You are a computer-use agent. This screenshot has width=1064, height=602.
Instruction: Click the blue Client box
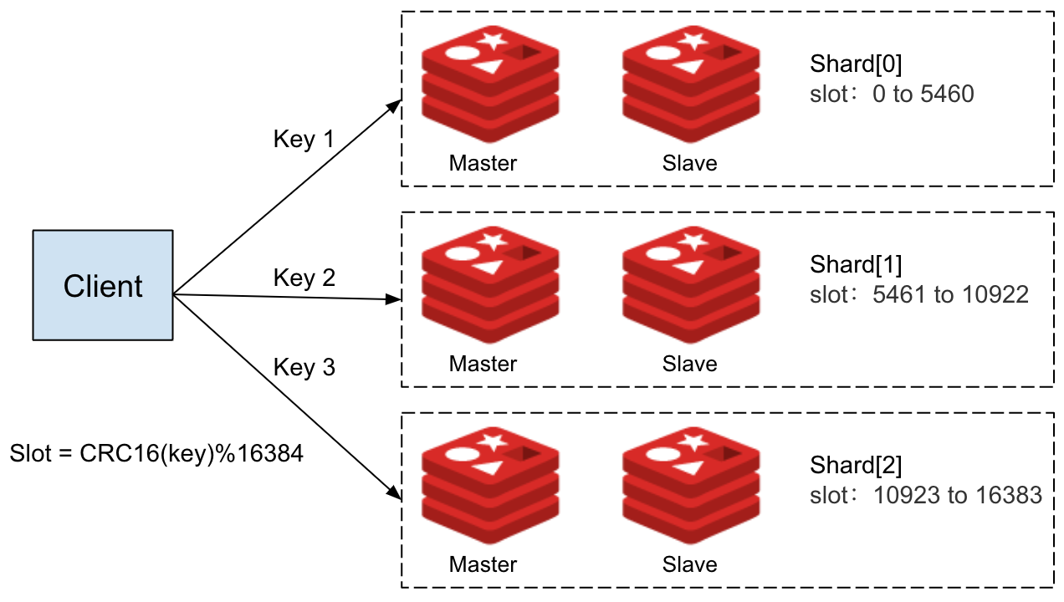[x=103, y=286]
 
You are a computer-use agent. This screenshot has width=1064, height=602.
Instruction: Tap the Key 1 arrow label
[x=304, y=139]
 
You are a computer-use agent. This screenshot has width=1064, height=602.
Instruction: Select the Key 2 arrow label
[x=304, y=277]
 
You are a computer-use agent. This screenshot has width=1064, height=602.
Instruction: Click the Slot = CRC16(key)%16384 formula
[x=156, y=454]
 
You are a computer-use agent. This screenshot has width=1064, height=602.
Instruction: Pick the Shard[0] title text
[x=856, y=64]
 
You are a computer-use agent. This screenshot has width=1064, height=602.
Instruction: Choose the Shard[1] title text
[x=856, y=265]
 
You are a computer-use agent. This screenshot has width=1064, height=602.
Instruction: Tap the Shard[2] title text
[x=856, y=466]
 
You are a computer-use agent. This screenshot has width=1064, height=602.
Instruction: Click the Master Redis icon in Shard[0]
[x=490, y=84]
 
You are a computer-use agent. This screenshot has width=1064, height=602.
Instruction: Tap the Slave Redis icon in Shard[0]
[x=691, y=84]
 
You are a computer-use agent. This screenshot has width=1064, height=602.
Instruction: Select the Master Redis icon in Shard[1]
[x=490, y=284]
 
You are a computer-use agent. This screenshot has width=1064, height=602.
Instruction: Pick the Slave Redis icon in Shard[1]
[x=691, y=284]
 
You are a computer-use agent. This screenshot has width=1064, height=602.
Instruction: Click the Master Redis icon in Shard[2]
[x=490, y=485]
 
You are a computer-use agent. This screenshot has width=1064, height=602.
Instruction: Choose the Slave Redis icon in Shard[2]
[x=691, y=485]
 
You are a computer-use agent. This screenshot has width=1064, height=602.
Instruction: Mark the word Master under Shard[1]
[x=483, y=364]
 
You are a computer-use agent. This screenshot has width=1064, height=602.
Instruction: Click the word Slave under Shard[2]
[x=689, y=564]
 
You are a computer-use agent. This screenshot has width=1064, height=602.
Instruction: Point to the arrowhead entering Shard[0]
[x=395, y=105]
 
